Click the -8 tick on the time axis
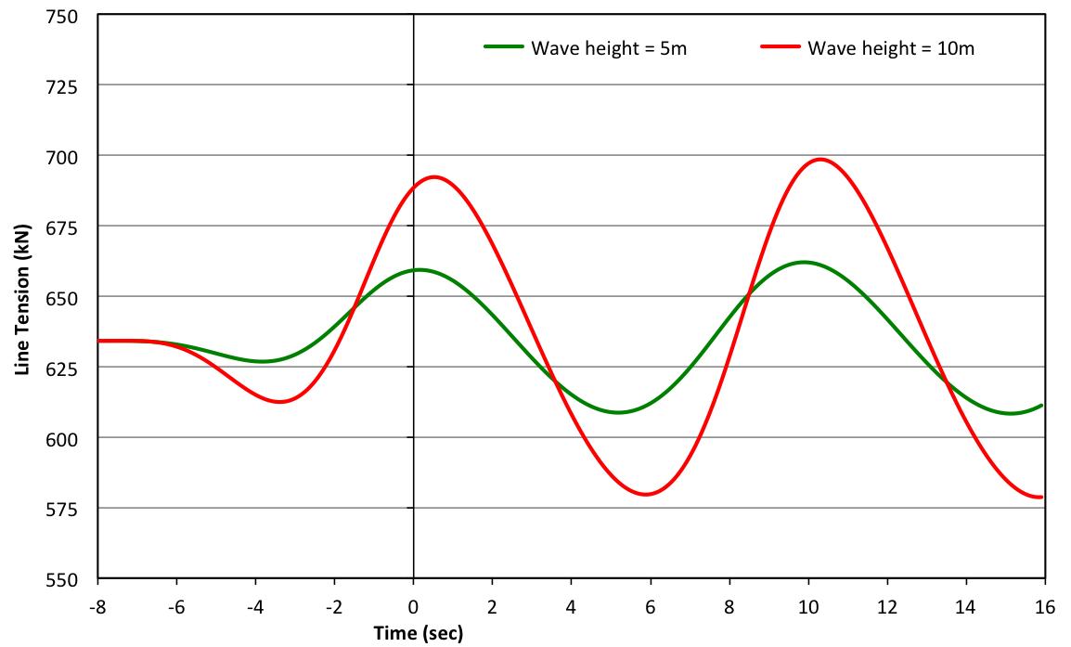(x=97, y=607)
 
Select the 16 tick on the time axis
(x=1044, y=607)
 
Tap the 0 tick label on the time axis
(x=413, y=607)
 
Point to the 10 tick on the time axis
(x=808, y=607)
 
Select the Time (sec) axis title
(x=418, y=635)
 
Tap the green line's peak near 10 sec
(x=804, y=262)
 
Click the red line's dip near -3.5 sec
(x=279, y=402)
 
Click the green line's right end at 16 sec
(x=1043, y=405)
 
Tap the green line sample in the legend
(x=504, y=48)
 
